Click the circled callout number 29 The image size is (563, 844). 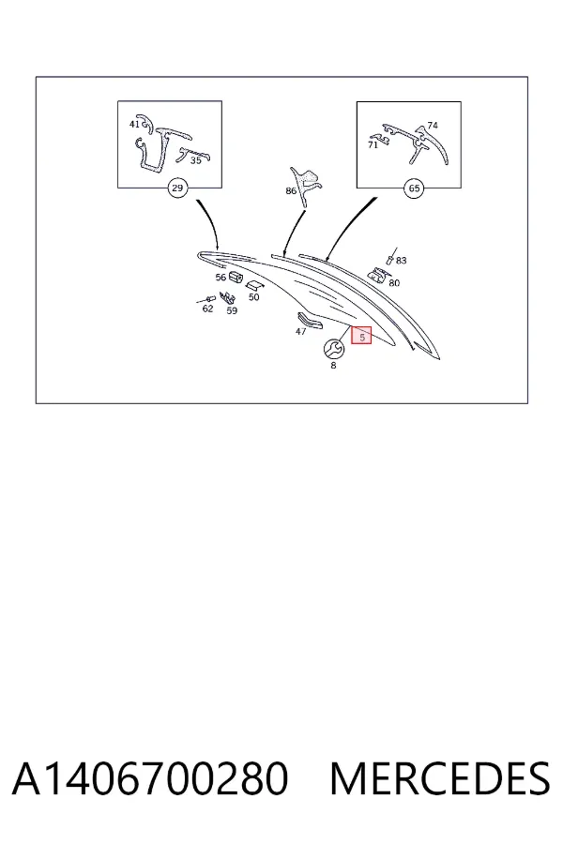coord(176,188)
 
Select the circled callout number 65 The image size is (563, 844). coord(414,188)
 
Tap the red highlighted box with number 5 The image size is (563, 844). coord(361,336)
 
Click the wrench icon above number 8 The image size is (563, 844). coord(333,349)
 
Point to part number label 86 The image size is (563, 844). coord(291,190)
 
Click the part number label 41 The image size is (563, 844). coord(135,125)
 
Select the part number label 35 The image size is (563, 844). coord(195,160)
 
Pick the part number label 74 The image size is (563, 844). coord(433,126)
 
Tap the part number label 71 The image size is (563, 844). coord(373,144)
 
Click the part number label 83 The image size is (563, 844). coord(401,261)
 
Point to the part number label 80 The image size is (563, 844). coord(394,282)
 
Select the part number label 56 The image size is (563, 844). coord(221,278)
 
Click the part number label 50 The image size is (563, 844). coord(253,296)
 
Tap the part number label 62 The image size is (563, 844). coord(207,309)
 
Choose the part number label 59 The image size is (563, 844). coord(232,310)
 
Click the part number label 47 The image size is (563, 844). coord(300,332)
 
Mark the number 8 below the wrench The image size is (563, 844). coord(333,365)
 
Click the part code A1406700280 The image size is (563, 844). coord(150,778)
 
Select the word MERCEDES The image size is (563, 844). coord(440,778)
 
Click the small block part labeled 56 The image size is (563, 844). coord(236,277)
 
